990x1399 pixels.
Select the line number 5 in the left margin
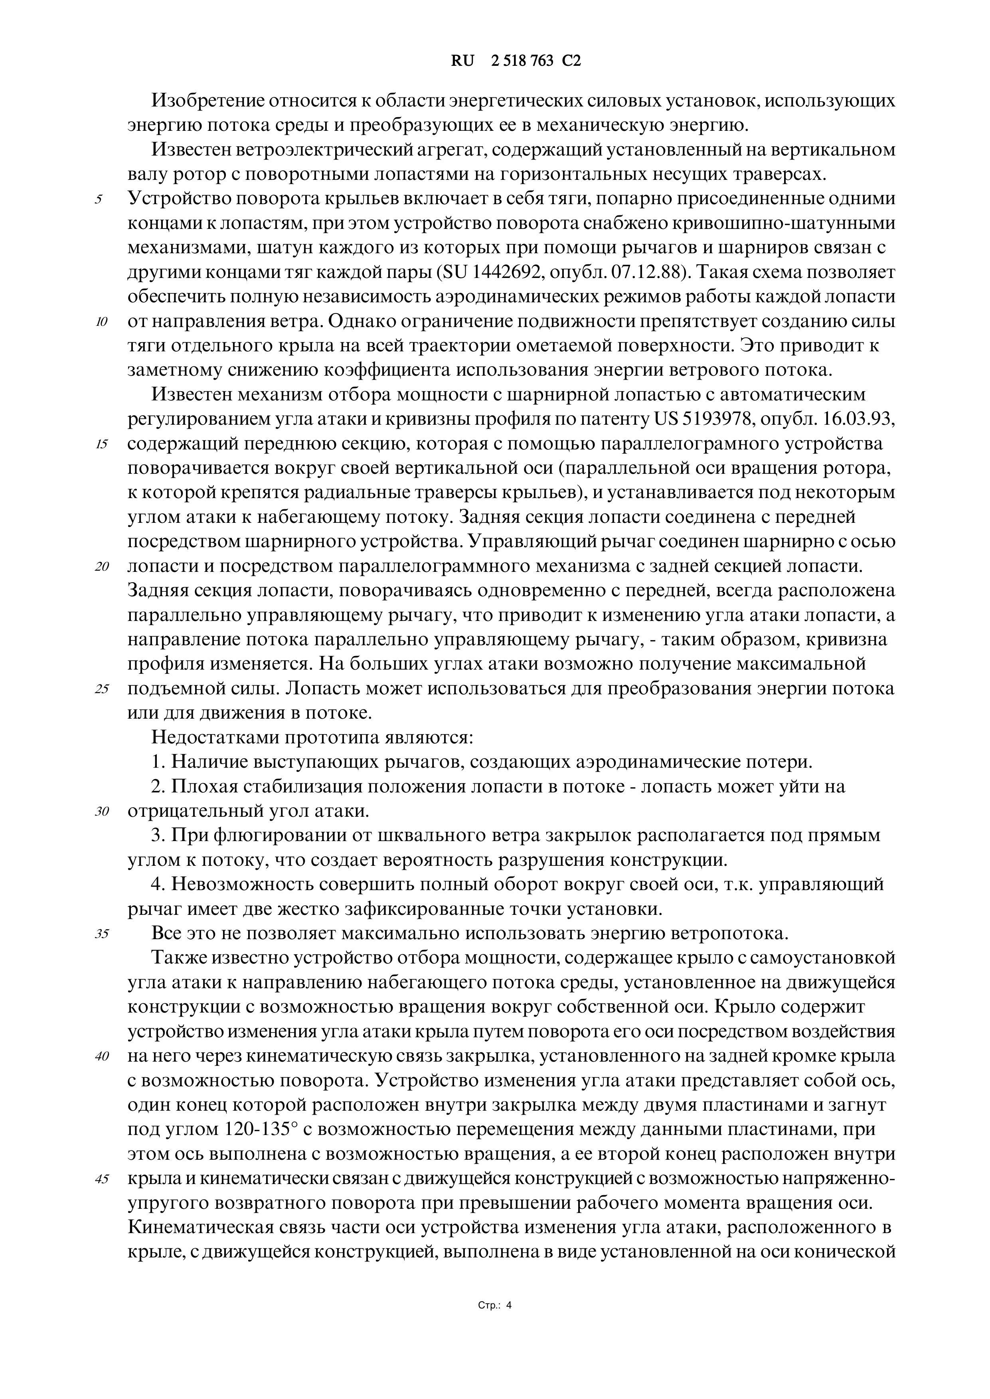[99, 200]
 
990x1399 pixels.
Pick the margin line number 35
[101, 934]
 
